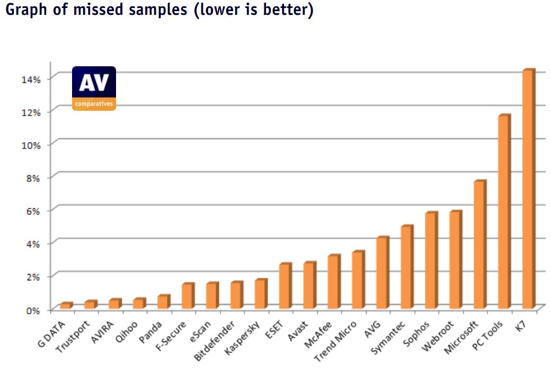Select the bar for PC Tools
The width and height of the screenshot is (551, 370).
click(x=504, y=212)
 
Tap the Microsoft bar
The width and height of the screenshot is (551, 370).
click(x=479, y=245)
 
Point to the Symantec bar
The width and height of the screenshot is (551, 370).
click(x=406, y=268)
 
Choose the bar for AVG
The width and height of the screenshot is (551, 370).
click(x=382, y=273)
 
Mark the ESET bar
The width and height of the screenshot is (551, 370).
click(x=285, y=286)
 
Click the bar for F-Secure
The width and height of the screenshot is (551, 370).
click(x=188, y=296)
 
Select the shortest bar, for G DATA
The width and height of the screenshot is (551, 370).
click(x=66, y=306)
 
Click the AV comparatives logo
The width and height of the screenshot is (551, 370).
click(x=94, y=88)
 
